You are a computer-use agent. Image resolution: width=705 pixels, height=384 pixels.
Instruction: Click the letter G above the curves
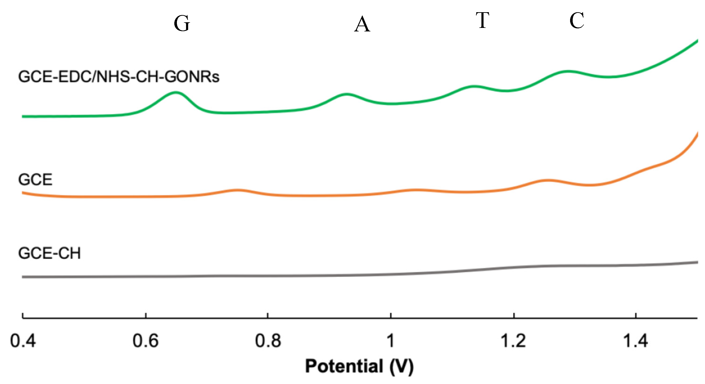coord(182,23)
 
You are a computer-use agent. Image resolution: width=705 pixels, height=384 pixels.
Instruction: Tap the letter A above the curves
coord(362,24)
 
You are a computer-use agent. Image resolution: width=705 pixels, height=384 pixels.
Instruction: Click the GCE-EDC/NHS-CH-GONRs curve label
coord(118,77)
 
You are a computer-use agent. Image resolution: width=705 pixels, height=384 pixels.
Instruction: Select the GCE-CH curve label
coord(49,253)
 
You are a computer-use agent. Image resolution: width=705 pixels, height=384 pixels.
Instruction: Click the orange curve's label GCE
coord(35,180)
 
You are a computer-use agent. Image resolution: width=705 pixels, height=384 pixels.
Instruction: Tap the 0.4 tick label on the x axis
coord(23,341)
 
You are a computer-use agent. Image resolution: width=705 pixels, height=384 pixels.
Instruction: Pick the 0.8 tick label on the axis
coord(268,341)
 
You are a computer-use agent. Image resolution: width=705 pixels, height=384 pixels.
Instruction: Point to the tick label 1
coord(391,341)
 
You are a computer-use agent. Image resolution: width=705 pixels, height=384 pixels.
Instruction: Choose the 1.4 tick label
coord(635,341)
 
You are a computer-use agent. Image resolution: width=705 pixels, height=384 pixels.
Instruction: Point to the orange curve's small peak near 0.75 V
coord(237,190)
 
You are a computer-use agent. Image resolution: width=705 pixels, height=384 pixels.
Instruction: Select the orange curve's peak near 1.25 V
coord(547,180)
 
